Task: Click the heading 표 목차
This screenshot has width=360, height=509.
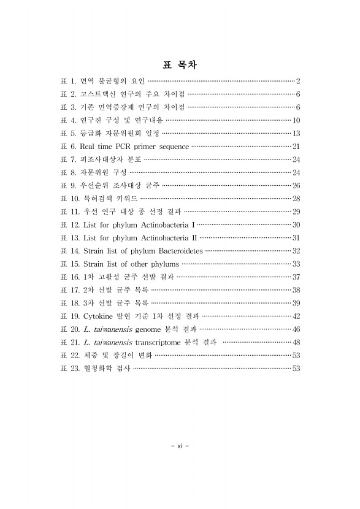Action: click(x=180, y=64)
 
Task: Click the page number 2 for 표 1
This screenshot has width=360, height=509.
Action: click(x=297, y=82)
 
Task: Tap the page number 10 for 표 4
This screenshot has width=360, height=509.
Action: click(x=296, y=120)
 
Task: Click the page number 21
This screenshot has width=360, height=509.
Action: click(x=296, y=147)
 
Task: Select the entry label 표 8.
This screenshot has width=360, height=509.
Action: click(x=67, y=172)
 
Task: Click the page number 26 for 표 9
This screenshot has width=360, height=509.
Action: click(x=296, y=185)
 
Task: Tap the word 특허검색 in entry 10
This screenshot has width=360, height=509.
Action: click(x=101, y=198)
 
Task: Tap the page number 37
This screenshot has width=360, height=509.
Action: click(x=296, y=277)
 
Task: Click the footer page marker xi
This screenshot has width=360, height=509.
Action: click(x=180, y=445)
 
